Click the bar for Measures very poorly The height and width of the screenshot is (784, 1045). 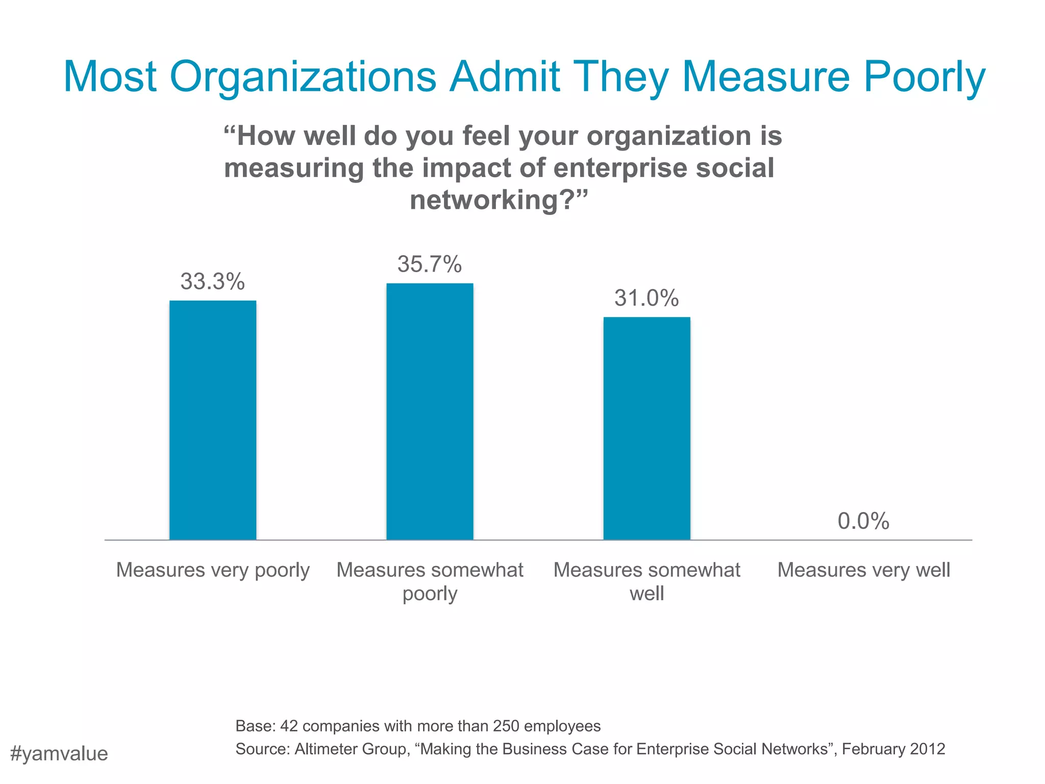[213, 420]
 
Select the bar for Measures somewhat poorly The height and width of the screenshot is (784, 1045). [430, 411]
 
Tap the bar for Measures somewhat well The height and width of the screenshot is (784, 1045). [646, 428]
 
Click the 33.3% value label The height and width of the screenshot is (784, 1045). [213, 282]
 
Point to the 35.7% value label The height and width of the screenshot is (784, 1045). [430, 264]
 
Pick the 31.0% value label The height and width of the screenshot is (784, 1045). [646, 298]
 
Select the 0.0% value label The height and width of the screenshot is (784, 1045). [863, 521]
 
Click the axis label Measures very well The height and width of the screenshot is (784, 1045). [863, 570]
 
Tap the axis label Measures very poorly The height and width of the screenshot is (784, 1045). [213, 570]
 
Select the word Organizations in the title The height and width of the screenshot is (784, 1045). [303, 78]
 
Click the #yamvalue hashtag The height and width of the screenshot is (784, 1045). [59, 754]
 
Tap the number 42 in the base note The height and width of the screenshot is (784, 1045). [289, 726]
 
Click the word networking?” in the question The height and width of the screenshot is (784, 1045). [499, 200]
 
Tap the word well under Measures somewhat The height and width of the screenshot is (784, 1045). [646, 594]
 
